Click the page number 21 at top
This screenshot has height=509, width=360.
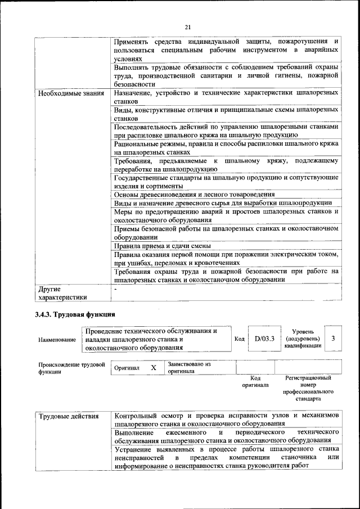(x=187, y=26)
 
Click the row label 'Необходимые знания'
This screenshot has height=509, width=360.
(x=71, y=93)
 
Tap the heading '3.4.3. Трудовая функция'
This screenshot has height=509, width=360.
(x=75, y=314)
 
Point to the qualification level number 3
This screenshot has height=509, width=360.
(x=334, y=339)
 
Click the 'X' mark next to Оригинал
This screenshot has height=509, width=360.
(x=153, y=367)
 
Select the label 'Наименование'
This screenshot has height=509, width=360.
(x=57, y=340)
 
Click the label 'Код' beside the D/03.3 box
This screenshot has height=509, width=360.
(x=238, y=339)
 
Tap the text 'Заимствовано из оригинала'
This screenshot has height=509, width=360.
(x=189, y=368)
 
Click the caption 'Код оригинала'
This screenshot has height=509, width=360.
(x=255, y=381)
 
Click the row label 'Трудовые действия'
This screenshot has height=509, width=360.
(x=69, y=416)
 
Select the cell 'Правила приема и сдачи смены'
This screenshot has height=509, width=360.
(x=163, y=246)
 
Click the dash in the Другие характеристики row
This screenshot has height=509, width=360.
(x=115, y=289)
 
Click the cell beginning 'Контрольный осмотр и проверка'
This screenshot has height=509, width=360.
(x=226, y=419)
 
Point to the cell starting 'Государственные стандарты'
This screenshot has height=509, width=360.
(x=226, y=181)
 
